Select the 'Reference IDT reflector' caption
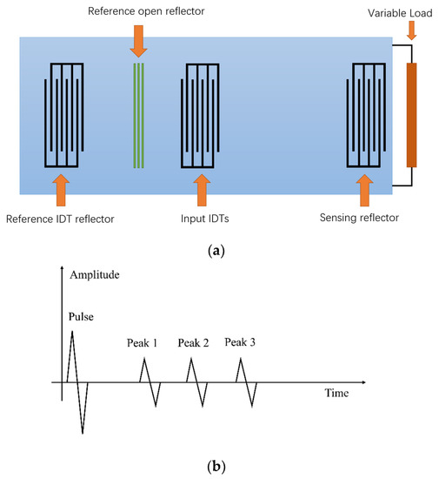pyautogui.click(x=60, y=218)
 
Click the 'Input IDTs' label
pyautogui.click(x=203, y=218)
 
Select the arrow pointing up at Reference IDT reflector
pyautogui.click(x=60, y=187)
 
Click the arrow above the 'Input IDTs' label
pyautogui.click(x=202, y=187)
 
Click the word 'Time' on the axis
pyautogui.click(x=336, y=393)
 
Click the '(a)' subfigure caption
pyautogui.click(x=218, y=251)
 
